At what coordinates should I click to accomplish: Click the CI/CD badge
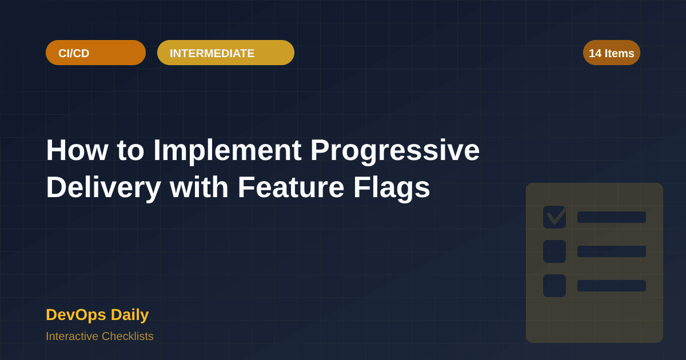coord(95,53)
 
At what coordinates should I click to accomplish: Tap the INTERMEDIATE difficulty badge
coord(225,53)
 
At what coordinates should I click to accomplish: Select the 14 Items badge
coord(611,53)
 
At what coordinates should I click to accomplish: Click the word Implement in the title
coord(227,150)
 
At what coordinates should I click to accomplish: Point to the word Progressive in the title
coord(395,150)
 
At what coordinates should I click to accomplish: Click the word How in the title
coord(76,150)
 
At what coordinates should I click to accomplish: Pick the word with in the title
coord(199,187)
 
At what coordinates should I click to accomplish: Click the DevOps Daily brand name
coord(97,314)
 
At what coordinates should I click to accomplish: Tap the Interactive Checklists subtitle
coord(99,336)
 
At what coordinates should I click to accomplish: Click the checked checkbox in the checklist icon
coord(555,217)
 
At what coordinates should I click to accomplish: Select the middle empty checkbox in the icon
coord(555,251)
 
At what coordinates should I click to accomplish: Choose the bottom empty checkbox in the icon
coord(555,286)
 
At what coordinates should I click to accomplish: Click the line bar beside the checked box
coord(612,217)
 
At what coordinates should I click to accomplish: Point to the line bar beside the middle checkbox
coord(612,251)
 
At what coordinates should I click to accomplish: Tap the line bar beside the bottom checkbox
coord(612,286)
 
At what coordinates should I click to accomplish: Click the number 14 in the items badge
coord(595,53)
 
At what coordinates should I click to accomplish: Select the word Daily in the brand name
coord(130,314)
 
